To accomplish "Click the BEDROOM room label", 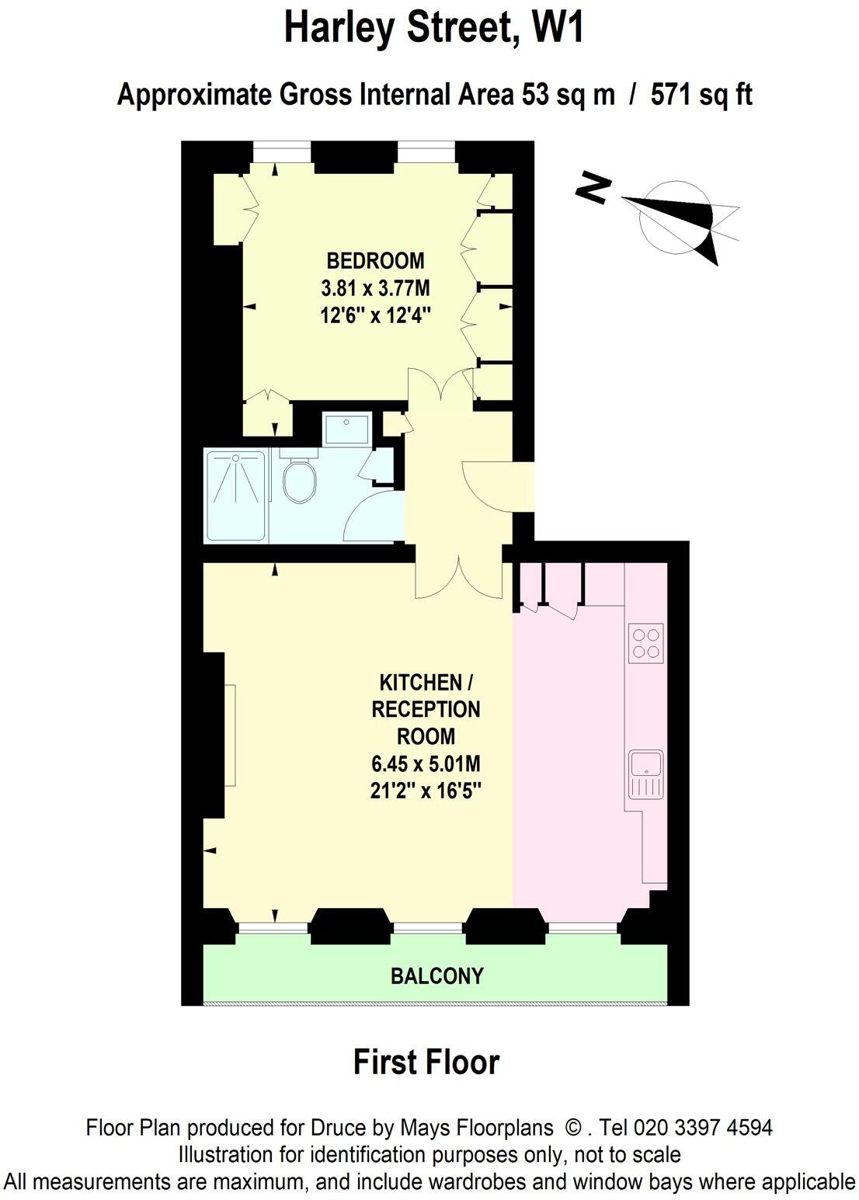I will (375, 260).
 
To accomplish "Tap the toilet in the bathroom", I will (298, 480).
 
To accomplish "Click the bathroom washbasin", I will (346, 430).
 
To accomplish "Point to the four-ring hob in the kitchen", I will (645, 643).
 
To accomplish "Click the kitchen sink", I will (645, 774).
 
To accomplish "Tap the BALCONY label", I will (436, 976).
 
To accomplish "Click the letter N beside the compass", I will (594, 189).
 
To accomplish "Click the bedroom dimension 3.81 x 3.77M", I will (375, 288).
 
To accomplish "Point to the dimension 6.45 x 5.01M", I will (426, 763).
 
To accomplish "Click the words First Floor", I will (426, 1062).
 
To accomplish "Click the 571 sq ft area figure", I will (701, 96).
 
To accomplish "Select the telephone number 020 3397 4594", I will (704, 1128).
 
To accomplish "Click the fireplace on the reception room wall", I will (230, 735).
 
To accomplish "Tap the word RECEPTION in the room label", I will (426, 709).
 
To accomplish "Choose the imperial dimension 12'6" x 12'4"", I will (375, 315).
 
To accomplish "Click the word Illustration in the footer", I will (224, 1155).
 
